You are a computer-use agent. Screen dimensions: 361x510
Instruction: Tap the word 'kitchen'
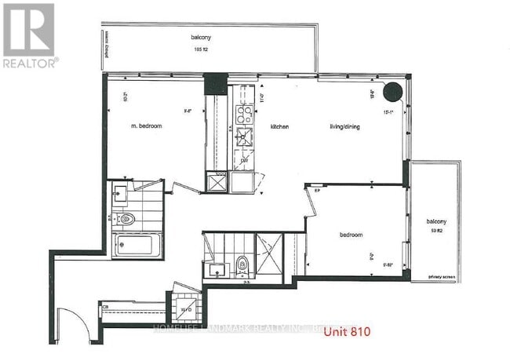click(x=281, y=126)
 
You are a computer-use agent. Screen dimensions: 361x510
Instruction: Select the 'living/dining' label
click(x=344, y=126)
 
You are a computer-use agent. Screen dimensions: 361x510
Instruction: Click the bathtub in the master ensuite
click(x=136, y=246)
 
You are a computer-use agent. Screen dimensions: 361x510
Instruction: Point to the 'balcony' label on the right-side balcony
click(x=437, y=222)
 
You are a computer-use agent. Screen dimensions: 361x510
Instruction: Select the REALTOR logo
click(x=28, y=35)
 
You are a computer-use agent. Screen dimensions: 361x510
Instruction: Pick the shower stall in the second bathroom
click(x=269, y=253)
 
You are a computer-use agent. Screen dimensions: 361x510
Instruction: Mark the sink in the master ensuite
click(x=122, y=190)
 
